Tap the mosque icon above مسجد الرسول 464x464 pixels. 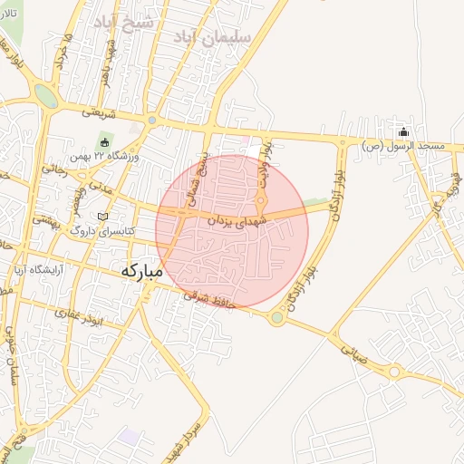click(404, 132)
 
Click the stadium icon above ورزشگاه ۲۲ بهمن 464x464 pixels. click(104, 142)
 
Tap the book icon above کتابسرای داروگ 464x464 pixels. click(101, 217)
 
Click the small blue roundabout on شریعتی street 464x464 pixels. click(152, 120)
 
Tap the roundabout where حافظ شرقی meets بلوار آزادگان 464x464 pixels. click(277, 317)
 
